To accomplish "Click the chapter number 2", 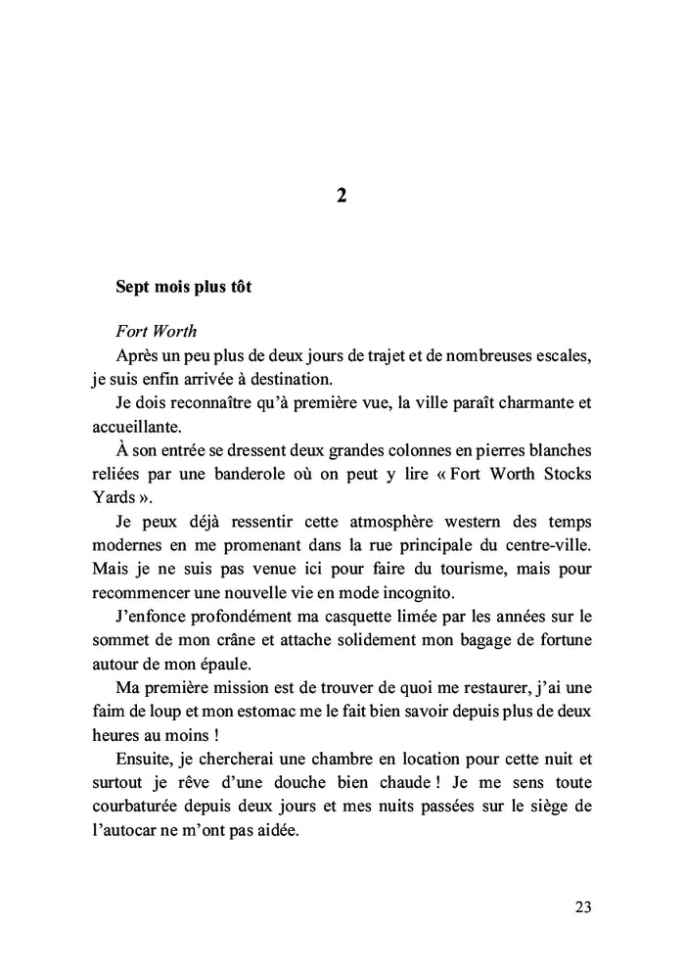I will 341,196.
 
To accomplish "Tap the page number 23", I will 582,906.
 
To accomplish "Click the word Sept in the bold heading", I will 133,290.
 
